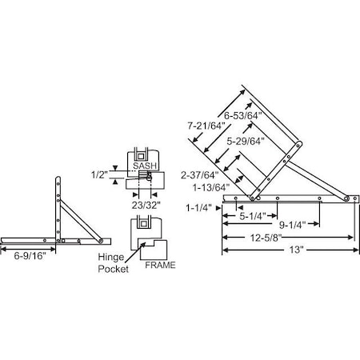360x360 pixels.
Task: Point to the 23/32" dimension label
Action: [x=146, y=204]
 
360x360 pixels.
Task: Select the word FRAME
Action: [x=158, y=263]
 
